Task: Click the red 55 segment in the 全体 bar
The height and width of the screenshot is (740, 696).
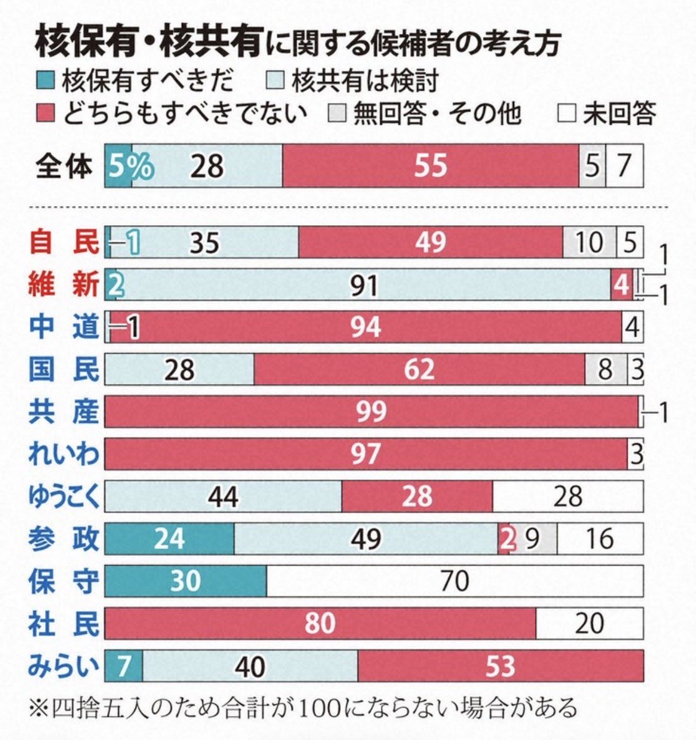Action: pyautogui.click(x=430, y=166)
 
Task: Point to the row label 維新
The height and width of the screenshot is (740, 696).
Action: pyautogui.click(x=63, y=285)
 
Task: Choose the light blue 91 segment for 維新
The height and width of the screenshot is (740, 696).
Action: pyautogui.click(x=364, y=285)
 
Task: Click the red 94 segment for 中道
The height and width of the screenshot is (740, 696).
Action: pyautogui.click(x=366, y=326)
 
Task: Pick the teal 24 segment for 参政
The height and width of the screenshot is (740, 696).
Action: pyautogui.click(x=170, y=538)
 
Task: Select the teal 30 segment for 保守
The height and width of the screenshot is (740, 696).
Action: pyautogui.click(x=186, y=580)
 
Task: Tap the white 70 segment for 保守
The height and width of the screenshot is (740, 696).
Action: pyautogui.click(x=455, y=580)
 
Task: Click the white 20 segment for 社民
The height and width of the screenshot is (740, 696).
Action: pyautogui.click(x=589, y=623)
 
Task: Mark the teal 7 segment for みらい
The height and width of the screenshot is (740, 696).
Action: pyautogui.click(x=124, y=665)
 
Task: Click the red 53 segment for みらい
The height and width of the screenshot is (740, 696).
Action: pyautogui.click(x=500, y=665)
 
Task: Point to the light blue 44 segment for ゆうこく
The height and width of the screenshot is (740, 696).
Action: pyautogui.click(x=223, y=496)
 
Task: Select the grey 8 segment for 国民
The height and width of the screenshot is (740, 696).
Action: pyautogui.click(x=605, y=369)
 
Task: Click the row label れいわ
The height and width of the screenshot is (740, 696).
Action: pyautogui.click(x=63, y=454)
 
